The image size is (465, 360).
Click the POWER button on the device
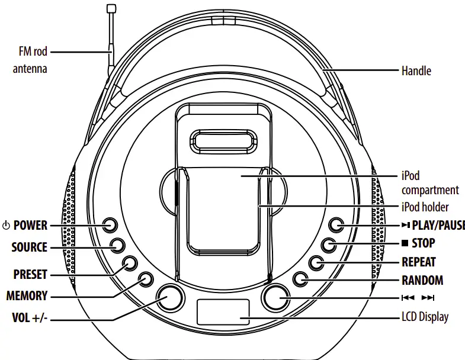pyautogui.click(x=110, y=225)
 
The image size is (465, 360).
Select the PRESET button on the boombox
pyautogui.click(x=130, y=263)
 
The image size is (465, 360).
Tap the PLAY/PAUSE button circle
pyautogui.click(x=336, y=225)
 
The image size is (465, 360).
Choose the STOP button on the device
pyautogui.click(x=329, y=245)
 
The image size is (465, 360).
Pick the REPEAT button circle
pyautogui.click(x=316, y=263)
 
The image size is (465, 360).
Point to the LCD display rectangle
pyautogui.click(x=223, y=311)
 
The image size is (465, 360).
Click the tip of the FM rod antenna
pyautogui.click(x=110, y=8)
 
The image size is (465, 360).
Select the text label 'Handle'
pyautogui.click(x=416, y=71)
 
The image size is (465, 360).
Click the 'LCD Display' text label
pyautogui.click(x=425, y=317)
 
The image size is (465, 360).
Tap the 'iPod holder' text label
pyautogui.click(x=425, y=207)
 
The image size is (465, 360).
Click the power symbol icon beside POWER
pyautogui.click(x=7, y=226)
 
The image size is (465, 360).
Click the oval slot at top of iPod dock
pyautogui.click(x=223, y=144)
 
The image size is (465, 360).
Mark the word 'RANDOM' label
pyautogui.click(x=422, y=280)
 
